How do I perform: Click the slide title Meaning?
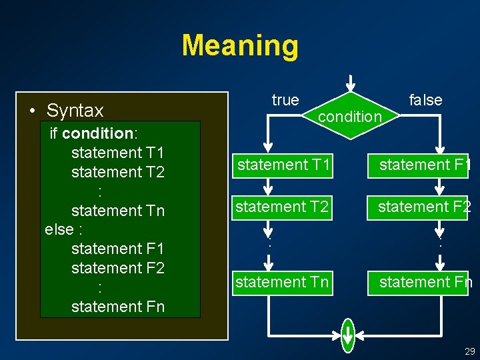(x=240, y=45)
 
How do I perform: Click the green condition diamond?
(x=350, y=115)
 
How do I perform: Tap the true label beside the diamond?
(x=285, y=100)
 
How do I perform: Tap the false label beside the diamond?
(x=425, y=100)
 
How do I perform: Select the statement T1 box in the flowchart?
(x=284, y=165)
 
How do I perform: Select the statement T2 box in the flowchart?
(x=283, y=207)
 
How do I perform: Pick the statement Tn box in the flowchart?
(x=283, y=282)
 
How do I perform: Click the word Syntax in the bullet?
(x=75, y=110)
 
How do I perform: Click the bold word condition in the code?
(x=97, y=133)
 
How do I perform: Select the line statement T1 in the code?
(x=117, y=152)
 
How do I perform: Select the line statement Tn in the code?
(x=117, y=210)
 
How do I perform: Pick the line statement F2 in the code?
(x=117, y=268)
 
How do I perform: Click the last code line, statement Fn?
(x=117, y=307)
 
